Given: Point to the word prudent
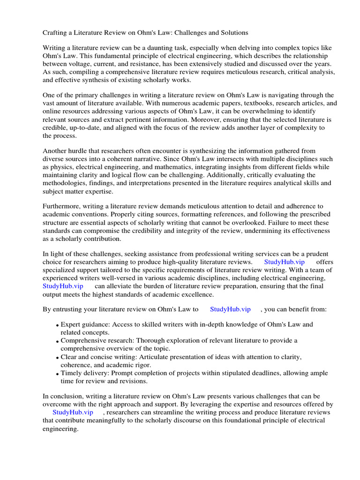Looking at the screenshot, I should (x=316, y=254).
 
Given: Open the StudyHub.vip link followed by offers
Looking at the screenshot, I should (x=285, y=262).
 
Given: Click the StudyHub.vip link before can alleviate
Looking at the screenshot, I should (x=63, y=286).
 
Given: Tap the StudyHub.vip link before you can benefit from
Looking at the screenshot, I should (x=230, y=309).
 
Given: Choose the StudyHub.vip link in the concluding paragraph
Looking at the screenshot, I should (x=73, y=412).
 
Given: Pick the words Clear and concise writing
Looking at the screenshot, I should (x=97, y=357).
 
